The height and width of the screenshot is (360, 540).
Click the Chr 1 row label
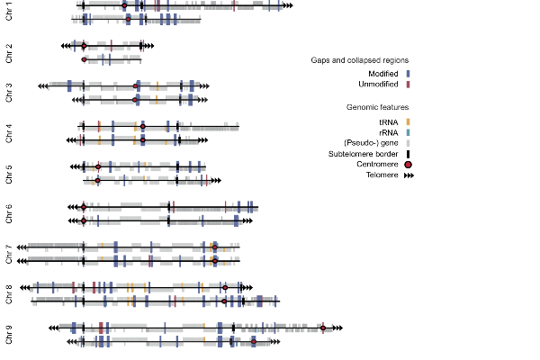point(9,12)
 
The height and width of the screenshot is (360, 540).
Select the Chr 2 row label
point(9,53)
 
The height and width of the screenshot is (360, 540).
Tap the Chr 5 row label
point(9,175)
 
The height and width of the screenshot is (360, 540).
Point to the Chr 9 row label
point(9,335)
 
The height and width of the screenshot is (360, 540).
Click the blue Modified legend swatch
point(408,74)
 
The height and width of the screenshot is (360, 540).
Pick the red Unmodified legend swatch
point(408,85)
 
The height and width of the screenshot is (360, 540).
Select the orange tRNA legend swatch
point(408,122)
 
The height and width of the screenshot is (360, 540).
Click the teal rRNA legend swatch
point(408,132)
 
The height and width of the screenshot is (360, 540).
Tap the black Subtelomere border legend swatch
point(408,154)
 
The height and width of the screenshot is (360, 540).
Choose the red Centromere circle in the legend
point(408,165)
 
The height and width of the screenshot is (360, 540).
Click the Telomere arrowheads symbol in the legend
point(409,175)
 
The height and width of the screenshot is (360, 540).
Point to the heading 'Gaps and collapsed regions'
point(359,60)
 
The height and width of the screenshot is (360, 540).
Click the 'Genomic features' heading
point(377,107)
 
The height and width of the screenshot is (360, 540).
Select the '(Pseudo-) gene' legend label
point(371,143)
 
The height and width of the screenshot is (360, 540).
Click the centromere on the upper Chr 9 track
point(323,328)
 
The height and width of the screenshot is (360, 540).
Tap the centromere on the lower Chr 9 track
point(254,342)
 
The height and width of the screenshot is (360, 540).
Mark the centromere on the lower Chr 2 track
point(84,59)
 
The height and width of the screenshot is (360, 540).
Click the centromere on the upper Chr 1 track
point(124,5)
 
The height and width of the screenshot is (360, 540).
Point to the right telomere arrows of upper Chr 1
point(288,5)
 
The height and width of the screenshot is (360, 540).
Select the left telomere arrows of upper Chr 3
point(43,86)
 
